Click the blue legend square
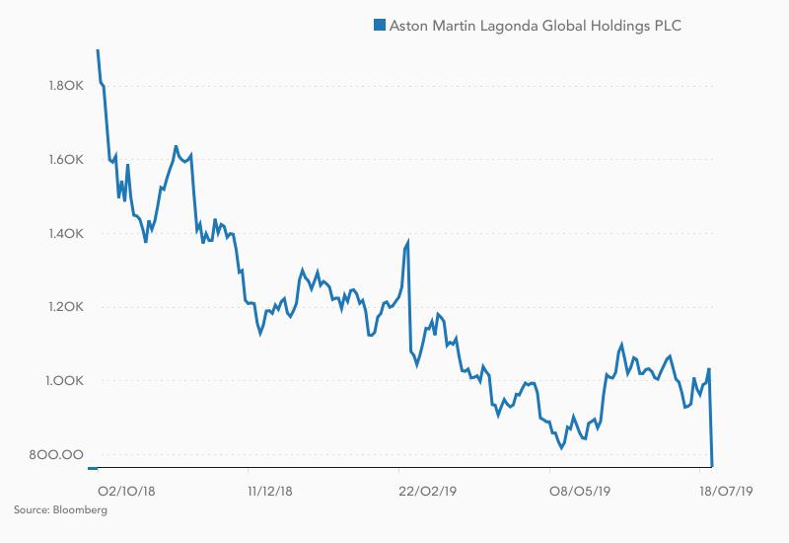pyautogui.click(x=377, y=25)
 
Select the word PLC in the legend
pyautogui.click(x=666, y=25)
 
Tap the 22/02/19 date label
pyautogui.click(x=426, y=488)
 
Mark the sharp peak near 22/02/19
pyautogui.click(x=407, y=241)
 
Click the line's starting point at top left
pyautogui.click(x=98, y=49)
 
